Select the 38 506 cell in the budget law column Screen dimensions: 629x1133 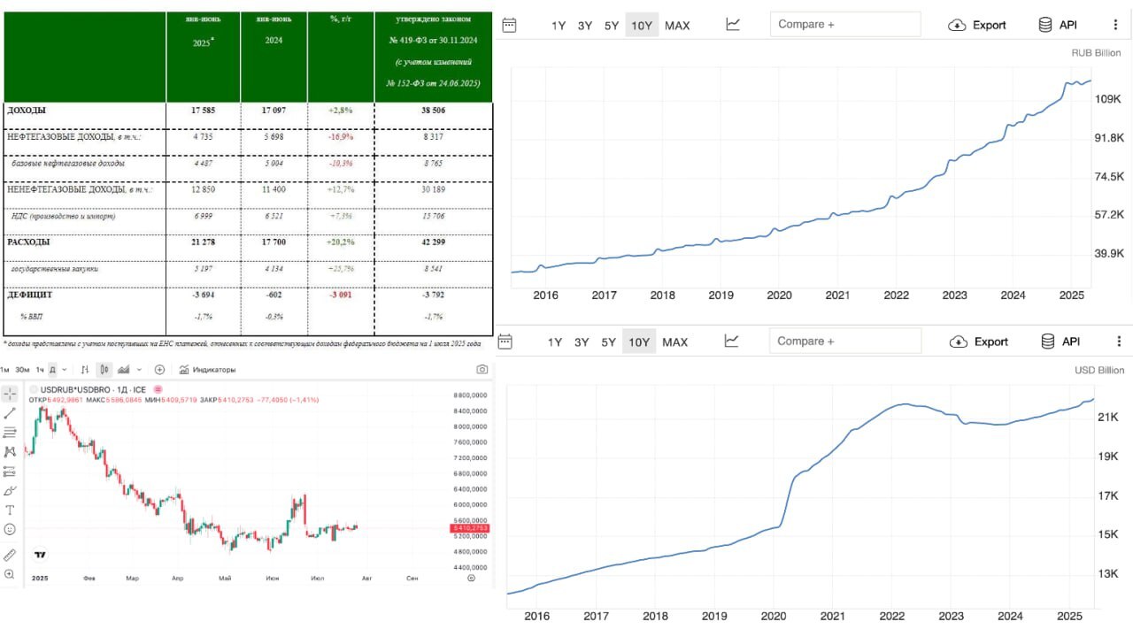click(433, 111)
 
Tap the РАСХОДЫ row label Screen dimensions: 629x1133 click(28, 242)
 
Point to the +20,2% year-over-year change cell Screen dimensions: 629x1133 click(341, 242)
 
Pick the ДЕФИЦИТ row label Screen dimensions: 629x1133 click(32, 295)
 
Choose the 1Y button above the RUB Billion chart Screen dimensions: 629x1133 click(559, 26)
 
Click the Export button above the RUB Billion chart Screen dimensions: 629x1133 click(977, 25)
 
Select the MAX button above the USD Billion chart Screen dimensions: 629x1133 click(674, 342)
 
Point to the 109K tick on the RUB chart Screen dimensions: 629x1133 click(1108, 99)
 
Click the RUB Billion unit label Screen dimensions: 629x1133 click(1096, 53)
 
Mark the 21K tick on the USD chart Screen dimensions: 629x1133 click(1109, 417)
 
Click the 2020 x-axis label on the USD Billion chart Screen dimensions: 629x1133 click(774, 616)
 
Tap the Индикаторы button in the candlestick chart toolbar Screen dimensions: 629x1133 click(208, 370)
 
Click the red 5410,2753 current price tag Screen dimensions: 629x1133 click(468, 528)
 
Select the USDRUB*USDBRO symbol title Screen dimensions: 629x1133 click(87, 389)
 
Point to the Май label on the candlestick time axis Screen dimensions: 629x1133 click(225, 579)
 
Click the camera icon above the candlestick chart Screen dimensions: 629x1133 click(482, 370)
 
